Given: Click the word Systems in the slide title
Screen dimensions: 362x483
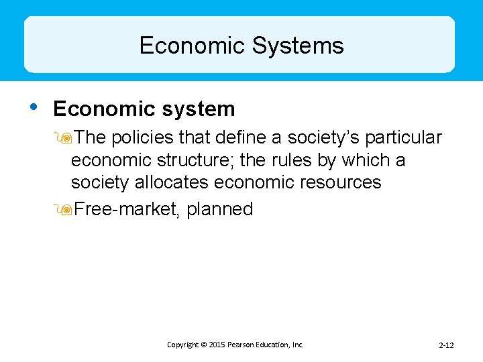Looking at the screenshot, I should [298, 46].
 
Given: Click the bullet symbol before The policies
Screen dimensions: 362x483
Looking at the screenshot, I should [64, 138].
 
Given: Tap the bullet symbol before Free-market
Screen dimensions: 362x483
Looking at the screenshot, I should [64, 210].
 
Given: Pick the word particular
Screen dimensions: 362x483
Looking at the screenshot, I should [404, 137].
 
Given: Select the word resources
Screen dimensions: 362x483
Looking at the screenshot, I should [338, 182].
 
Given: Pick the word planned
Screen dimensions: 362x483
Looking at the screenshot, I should [220, 210].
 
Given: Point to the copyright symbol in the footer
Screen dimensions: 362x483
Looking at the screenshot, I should [203, 345].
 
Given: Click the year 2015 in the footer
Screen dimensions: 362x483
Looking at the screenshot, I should [217, 345].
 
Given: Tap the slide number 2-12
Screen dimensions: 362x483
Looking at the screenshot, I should [446, 345].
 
